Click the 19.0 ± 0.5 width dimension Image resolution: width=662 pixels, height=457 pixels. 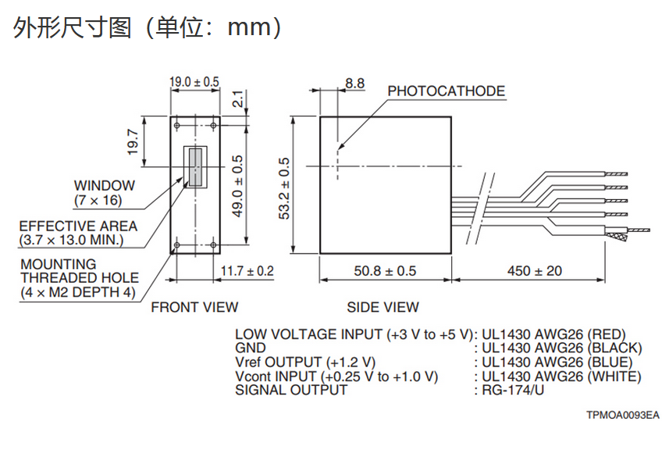(194, 81)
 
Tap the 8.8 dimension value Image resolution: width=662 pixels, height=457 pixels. (354, 84)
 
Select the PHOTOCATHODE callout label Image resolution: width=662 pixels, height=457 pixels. (447, 91)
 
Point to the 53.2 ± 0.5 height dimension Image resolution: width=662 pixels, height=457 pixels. (285, 188)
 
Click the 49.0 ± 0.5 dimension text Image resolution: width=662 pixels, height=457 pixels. (238, 186)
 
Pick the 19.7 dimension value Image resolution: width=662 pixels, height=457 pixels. (133, 142)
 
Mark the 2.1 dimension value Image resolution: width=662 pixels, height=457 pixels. (238, 99)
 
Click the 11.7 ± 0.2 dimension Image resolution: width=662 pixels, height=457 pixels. (247, 271)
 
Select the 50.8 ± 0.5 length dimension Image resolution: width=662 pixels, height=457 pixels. (385, 271)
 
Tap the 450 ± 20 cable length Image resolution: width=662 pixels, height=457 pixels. (535, 271)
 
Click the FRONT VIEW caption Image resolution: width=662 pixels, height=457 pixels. (194, 307)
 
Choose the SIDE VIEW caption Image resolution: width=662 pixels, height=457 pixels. (383, 307)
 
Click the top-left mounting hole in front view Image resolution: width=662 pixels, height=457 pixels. (177, 126)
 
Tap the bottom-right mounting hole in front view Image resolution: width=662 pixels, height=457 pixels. (213, 245)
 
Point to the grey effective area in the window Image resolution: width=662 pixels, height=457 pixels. (195, 167)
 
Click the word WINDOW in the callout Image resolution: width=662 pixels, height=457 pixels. (105, 185)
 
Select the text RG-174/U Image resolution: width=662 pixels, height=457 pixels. (513, 389)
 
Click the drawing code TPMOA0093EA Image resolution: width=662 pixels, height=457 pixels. (623, 415)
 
